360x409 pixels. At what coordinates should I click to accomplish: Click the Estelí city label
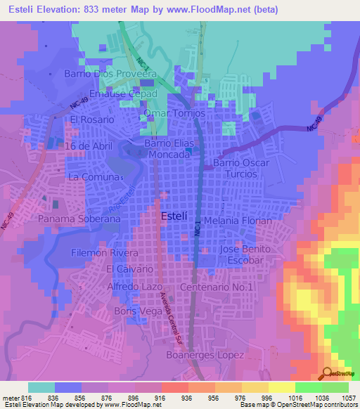[174, 216]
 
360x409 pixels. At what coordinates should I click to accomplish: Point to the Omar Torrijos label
[174, 113]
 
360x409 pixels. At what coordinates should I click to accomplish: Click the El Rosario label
[91, 120]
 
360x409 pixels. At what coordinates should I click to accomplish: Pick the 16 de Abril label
[88, 145]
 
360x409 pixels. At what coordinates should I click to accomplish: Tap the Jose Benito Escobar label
[245, 254]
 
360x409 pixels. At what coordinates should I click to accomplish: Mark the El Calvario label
[129, 269]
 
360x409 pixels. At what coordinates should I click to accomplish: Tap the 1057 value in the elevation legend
[340, 397]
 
